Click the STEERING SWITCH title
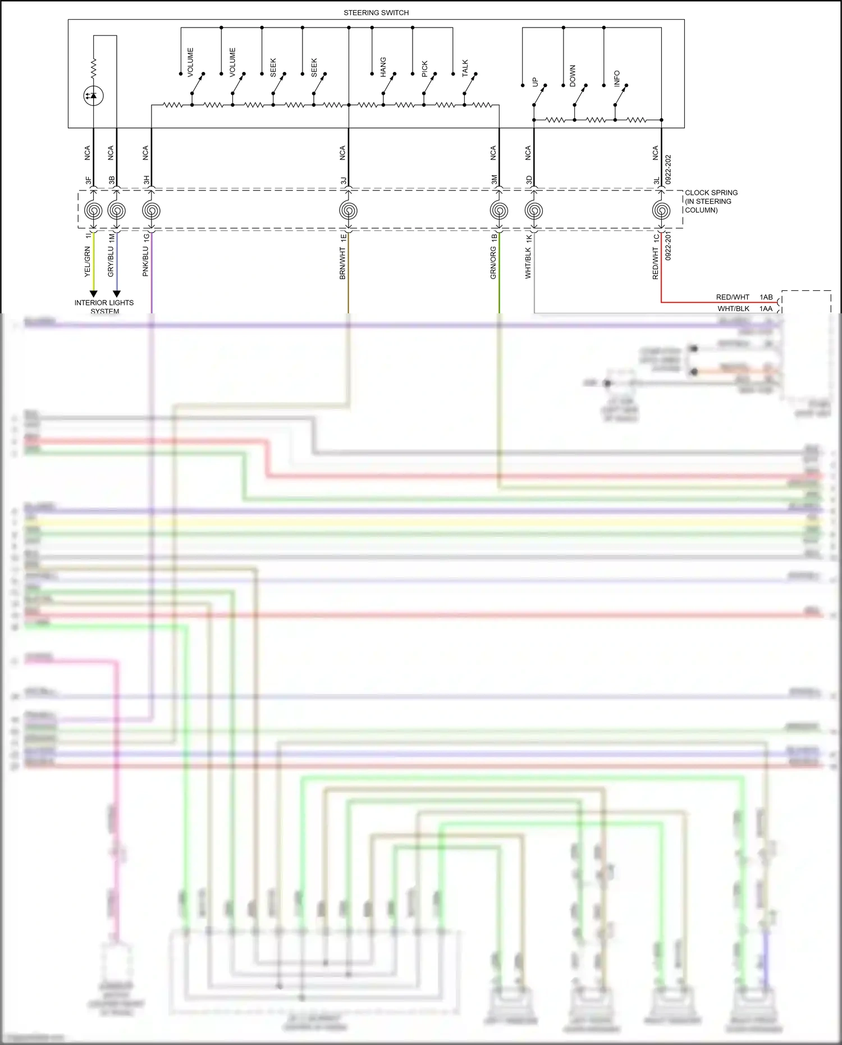point(376,12)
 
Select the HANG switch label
point(383,67)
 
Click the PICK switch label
point(424,69)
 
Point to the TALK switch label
point(465,68)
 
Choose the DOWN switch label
point(573,75)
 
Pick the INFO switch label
point(617,78)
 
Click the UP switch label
point(534,82)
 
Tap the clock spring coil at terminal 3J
point(349,211)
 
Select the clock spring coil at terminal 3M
point(499,211)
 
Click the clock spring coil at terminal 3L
point(661,211)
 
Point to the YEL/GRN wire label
point(87,262)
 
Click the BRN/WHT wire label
point(342,263)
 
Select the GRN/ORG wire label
point(493,263)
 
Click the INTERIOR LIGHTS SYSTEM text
point(104,307)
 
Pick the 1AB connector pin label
point(766,297)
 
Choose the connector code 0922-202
point(668,170)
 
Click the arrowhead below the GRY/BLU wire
point(117,293)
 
